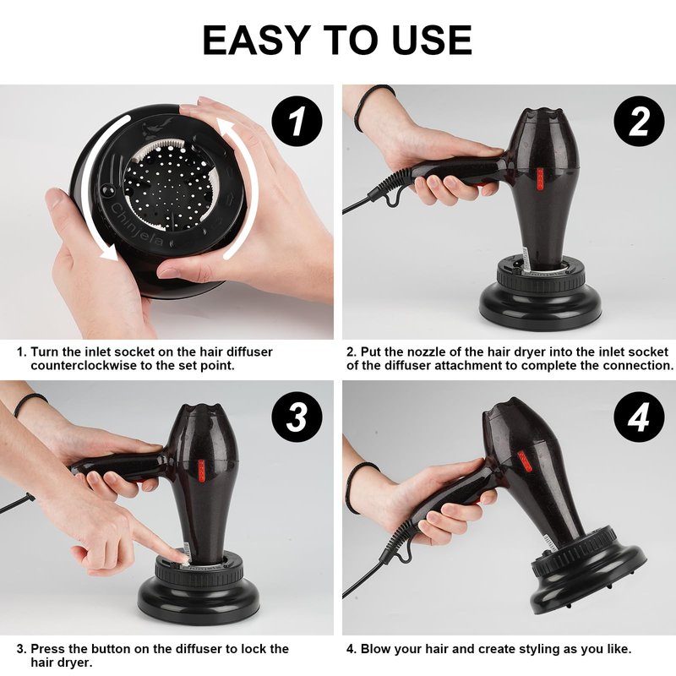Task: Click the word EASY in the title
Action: click(257, 40)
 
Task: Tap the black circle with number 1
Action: click(297, 121)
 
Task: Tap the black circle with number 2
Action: click(639, 121)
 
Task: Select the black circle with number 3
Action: click(297, 417)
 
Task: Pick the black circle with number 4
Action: click(639, 417)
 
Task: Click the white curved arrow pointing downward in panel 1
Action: click(94, 189)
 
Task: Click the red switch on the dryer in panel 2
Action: click(540, 179)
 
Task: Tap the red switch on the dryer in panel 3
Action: click(201, 471)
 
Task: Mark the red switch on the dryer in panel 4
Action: click(525, 461)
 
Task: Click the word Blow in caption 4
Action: click(375, 649)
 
